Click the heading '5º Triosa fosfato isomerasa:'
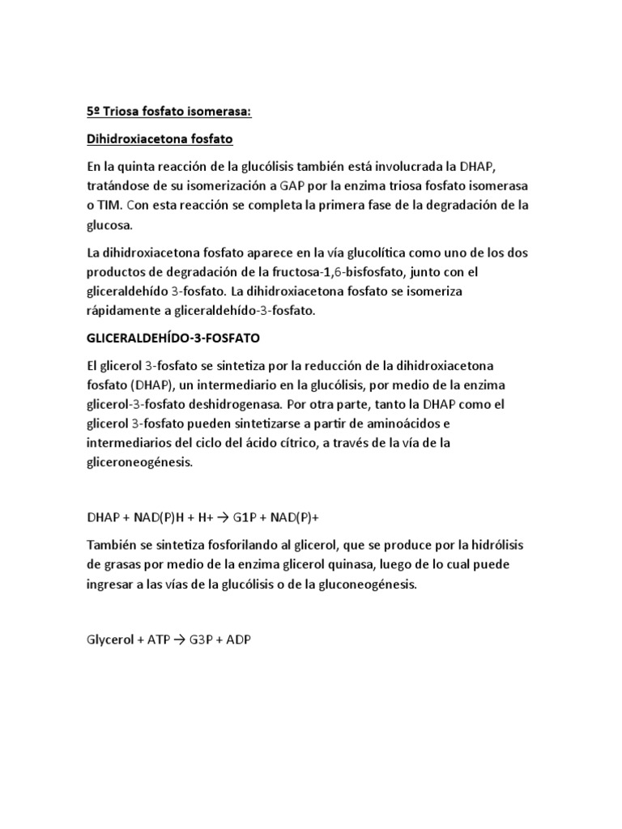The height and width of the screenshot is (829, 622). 169,113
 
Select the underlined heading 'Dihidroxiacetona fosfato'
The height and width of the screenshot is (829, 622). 160,139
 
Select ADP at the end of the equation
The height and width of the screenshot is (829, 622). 239,640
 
